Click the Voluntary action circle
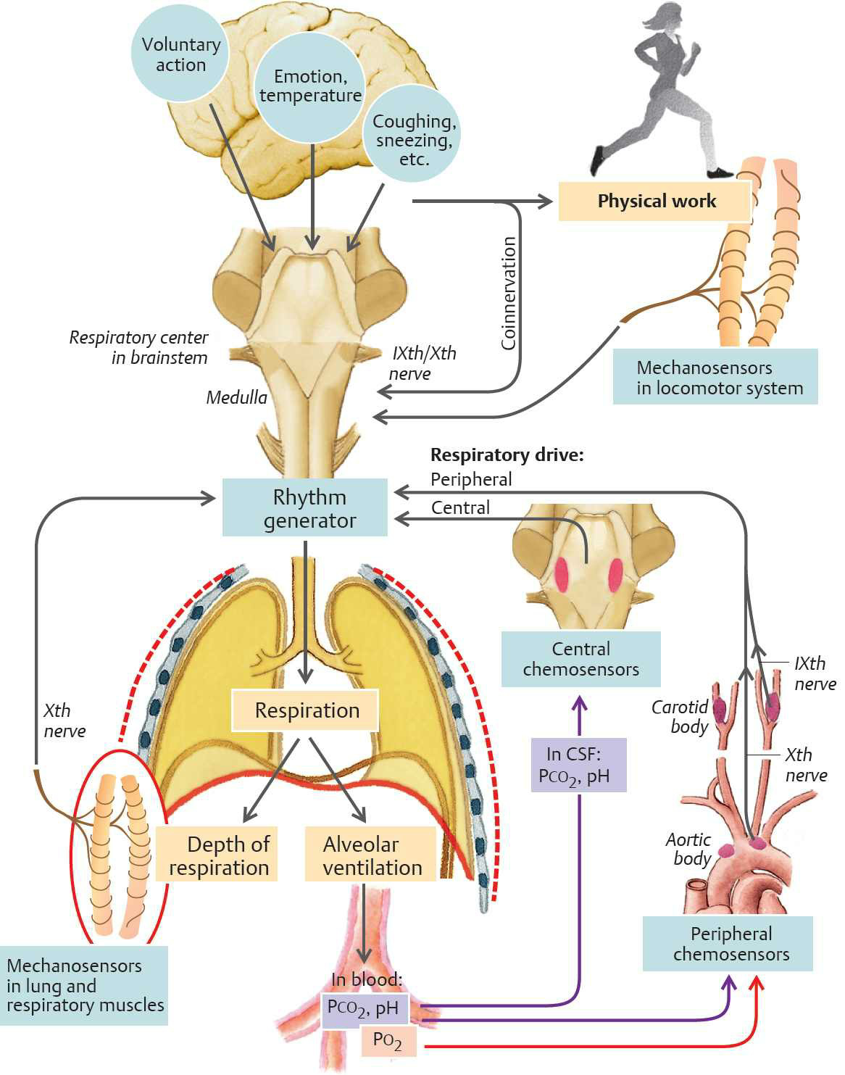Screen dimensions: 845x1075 180,54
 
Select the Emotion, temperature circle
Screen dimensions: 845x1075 310,87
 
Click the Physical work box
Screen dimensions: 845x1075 654,201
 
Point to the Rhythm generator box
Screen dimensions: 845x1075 305,507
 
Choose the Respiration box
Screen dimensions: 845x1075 305,710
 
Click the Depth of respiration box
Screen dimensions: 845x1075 217,855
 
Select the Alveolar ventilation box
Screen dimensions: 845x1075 370,855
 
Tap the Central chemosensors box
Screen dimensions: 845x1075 580,659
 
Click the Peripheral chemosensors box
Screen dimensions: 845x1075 728,943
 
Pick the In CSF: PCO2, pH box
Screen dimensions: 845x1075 578,765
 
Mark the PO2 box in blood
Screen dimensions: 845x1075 388,1041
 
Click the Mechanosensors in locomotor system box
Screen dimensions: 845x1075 715,377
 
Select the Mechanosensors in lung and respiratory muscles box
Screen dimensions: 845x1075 84,986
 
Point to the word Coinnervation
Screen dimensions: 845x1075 508,294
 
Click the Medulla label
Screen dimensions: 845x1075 236,398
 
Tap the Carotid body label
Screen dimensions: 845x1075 680,717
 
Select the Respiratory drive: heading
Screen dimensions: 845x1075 507,455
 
